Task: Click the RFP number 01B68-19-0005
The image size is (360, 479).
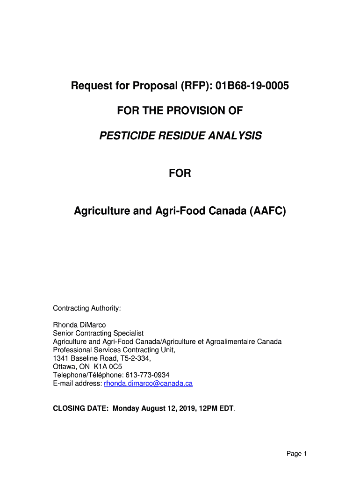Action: (x=250, y=86)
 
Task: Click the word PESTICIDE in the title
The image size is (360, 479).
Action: (x=125, y=136)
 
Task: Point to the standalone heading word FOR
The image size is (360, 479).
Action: (x=180, y=174)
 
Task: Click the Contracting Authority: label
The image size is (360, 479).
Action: (x=87, y=308)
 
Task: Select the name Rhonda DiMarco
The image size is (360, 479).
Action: (x=79, y=325)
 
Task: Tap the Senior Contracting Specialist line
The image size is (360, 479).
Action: (x=98, y=333)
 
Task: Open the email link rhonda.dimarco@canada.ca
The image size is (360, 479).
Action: (x=148, y=384)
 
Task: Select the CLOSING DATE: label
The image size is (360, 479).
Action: (x=81, y=408)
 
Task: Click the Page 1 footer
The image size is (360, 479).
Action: (x=296, y=453)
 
